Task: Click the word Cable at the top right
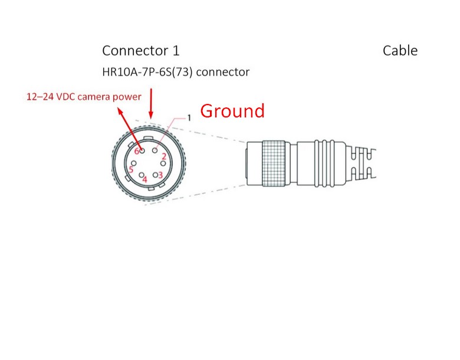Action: (400, 51)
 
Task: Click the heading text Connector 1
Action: (140, 51)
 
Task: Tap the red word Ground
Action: (232, 110)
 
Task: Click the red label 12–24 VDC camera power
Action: (84, 96)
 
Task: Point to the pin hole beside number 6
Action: (143, 151)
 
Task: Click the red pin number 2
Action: (164, 156)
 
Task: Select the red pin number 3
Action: (160, 175)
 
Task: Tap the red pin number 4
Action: (145, 179)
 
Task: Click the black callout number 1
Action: (189, 118)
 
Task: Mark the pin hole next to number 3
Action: (155, 175)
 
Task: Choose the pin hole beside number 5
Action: (136, 165)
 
